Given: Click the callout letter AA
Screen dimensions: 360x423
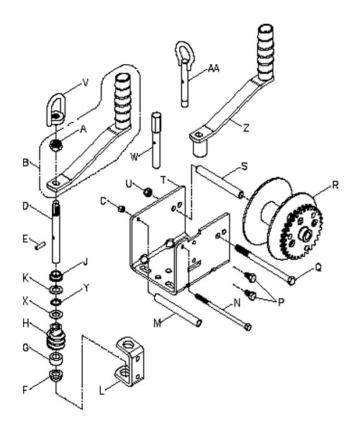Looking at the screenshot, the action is pos(214,68).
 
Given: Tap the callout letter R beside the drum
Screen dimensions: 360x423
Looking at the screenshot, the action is pos(336,185).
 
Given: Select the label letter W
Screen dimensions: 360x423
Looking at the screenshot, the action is pos(134,157).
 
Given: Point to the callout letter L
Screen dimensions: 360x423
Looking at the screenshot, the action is pos(102,391).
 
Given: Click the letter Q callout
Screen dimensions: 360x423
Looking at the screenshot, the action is pos(318,267).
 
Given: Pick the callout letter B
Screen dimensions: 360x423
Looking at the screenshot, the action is pos(26,163).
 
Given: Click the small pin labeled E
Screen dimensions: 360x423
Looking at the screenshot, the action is pos(40,246).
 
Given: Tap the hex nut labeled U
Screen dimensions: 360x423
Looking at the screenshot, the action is pos(148,192).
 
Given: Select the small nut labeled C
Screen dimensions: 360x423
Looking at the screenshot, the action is pos(122,209).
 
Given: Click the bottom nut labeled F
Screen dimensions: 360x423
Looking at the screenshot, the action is pos(56,375).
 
